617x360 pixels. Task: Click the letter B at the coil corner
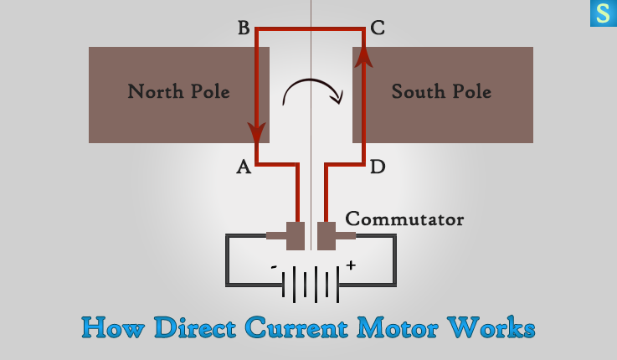click(x=244, y=28)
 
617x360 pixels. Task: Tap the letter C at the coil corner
click(x=378, y=28)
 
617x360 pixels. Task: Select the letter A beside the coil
click(x=244, y=167)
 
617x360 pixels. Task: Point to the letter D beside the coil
click(x=378, y=167)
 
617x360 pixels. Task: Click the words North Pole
click(x=178, y=91)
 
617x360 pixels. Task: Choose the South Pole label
click(x=441, y=91)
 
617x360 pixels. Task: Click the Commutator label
click(x=404, y=219)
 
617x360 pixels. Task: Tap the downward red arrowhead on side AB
click(x=257, y=132)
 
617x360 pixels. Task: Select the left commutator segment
click(x=295, y=235)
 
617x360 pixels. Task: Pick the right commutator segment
click(x=326, y=235)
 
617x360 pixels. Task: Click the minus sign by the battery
click(x=274, y=267)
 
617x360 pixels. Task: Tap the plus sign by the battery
click(x=351, y=265)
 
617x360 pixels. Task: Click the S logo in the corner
click(x=603, y=13)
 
